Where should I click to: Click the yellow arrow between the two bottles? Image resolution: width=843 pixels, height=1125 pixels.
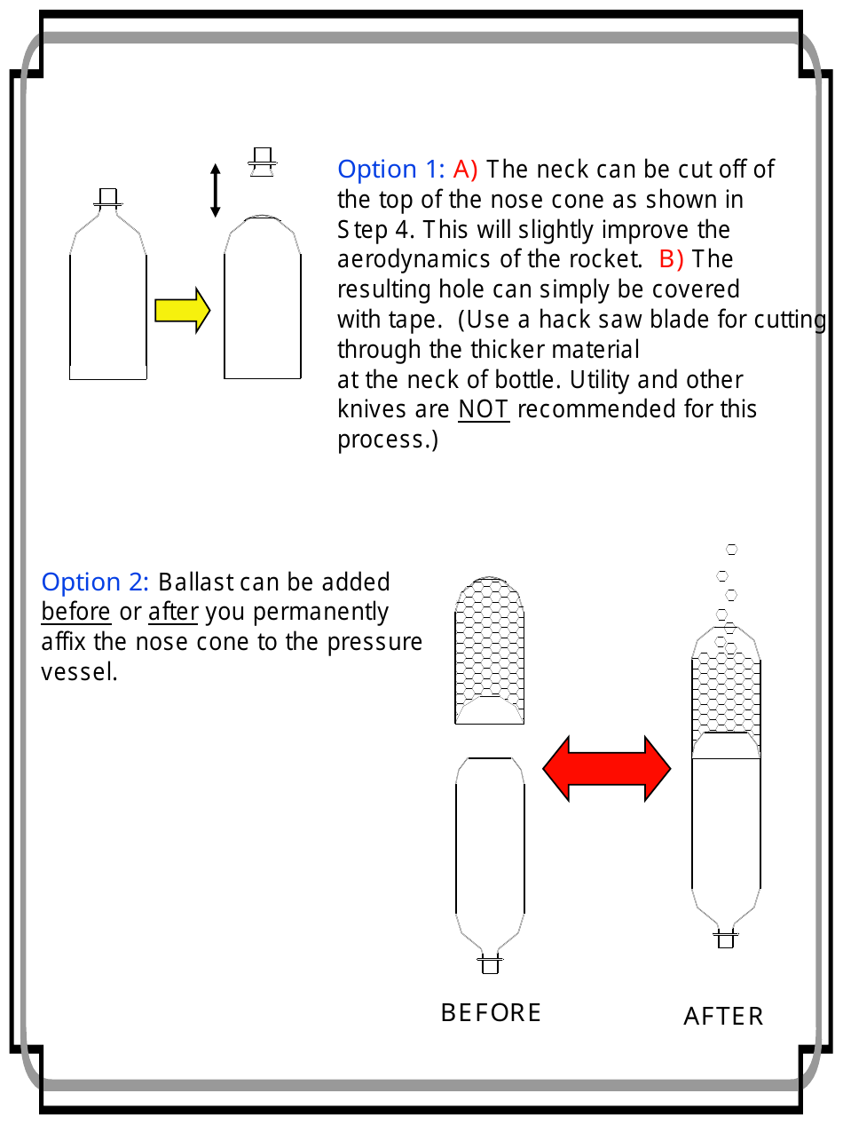pos(182,311)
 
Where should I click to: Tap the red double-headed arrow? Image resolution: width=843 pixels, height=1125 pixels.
pos(606,768)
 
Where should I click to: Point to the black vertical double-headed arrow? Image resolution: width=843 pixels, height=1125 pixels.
pos(215,190)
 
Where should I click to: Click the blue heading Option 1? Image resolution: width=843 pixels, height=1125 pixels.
pos(391,170)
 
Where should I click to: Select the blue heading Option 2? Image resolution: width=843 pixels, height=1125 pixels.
pos(96,582)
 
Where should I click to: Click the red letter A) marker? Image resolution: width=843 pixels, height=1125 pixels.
pos(466,170)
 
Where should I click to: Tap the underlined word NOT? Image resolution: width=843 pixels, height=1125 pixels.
pos(484,410)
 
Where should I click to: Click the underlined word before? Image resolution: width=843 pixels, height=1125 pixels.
pos(76,613)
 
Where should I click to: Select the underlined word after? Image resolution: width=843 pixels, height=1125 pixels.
pos(173,613)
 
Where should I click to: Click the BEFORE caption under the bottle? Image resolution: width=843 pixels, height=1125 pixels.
pos(491,1013)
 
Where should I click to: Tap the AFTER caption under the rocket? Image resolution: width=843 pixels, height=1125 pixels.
pos(723,1017)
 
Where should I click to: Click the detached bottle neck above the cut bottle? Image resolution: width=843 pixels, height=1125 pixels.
pos(262,162)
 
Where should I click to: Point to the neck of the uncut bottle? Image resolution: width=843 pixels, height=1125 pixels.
pos(108,199)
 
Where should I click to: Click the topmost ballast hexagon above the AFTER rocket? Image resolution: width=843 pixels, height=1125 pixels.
pos(732,550)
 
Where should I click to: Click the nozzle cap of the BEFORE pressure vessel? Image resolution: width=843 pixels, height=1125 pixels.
pos(490,963)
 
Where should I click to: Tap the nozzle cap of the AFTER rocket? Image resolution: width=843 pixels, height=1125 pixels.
pos(725,938)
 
